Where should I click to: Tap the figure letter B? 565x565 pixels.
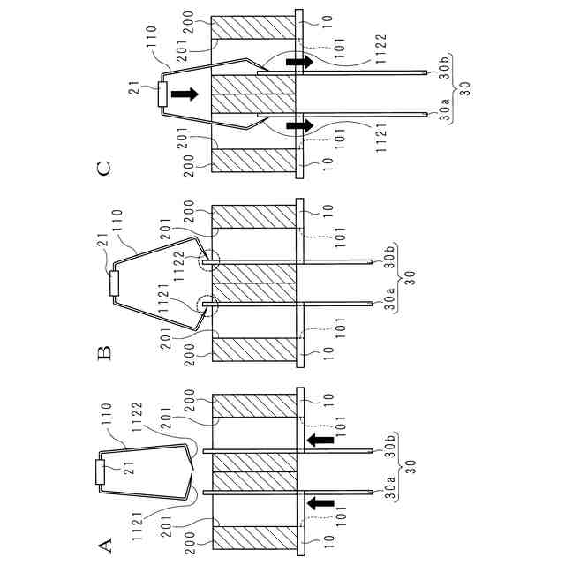click(105, 353)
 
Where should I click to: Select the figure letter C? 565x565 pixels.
click(105, 167)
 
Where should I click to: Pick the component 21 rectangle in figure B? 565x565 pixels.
click(115, 284)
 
